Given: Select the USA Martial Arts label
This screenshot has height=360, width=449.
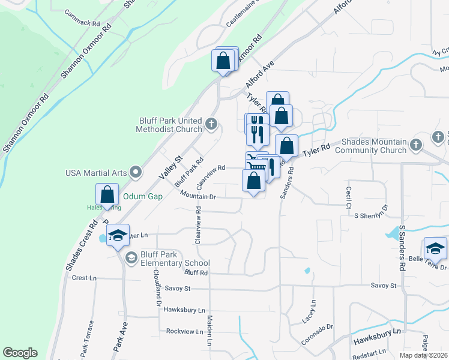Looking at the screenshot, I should pyautogui.click(x=96, y=173).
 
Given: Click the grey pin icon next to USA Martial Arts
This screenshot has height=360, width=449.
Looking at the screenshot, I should pyautogui.click(x=136, y=173).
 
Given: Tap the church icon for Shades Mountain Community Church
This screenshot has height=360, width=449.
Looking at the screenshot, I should pyautogui.click(x=415, y=145).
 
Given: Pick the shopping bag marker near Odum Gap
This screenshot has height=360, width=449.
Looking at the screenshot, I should pyautogui.click(x=107, y=194).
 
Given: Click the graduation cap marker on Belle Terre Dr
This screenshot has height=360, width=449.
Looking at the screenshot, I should pyautogui.click(x=435, y=247).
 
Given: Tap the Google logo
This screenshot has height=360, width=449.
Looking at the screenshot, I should pyautogui.click(x=20, y=353).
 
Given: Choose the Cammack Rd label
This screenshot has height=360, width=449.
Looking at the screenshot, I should pyautogui.click(x=83, y=22).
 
